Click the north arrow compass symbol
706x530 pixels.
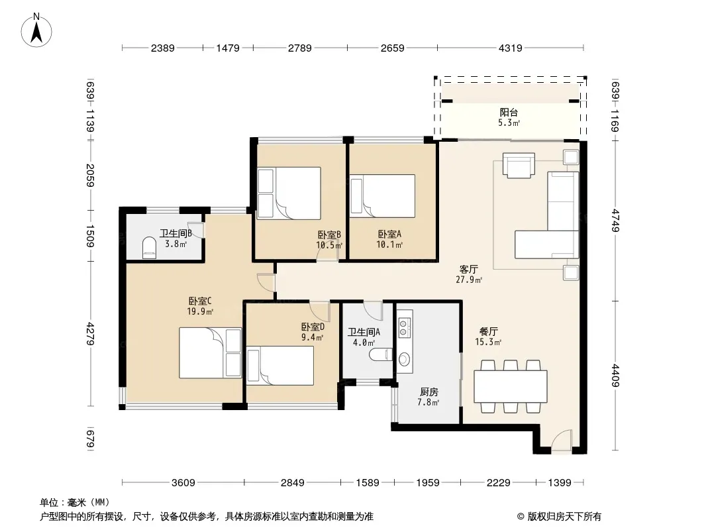pos(36,30)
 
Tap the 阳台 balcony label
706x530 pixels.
pos(509,112)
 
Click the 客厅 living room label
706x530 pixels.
pos(468,269)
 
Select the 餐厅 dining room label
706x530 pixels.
pos(488,332)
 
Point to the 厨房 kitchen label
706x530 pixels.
pos(429,392)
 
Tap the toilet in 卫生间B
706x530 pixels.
pos(149,248)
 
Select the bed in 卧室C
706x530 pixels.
pos(210,352)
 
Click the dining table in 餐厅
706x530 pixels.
pos(511,386)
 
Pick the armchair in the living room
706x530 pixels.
pos(519,166)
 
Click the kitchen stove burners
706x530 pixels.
pos(405,328)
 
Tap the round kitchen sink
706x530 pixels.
pos(405,359)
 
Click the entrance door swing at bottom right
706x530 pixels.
pos(561,441)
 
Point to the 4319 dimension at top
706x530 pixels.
pos(510,48)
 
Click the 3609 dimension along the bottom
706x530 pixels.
pos(183,483)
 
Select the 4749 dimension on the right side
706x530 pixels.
pos(615,221)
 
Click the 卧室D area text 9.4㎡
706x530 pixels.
pos(313,337)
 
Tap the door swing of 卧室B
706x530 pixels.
pos(327,254)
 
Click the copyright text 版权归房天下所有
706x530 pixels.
pos(564,517)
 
